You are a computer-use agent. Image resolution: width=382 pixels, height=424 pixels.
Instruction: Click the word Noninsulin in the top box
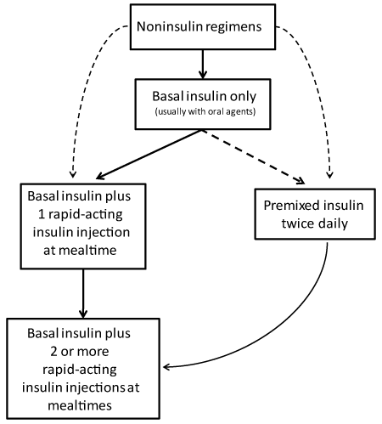pyautogui.click(x=170, y=26)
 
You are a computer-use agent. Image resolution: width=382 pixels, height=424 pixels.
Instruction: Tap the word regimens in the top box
pyautogui.click(x=233, y=27)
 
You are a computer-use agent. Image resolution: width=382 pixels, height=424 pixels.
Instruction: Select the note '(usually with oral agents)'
pyautogui.click(x=205, y=111)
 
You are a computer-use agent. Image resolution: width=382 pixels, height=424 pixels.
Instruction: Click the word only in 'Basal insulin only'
pyautogui.click(x=243, y=97)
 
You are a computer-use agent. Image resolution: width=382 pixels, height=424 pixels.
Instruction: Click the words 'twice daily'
pyautogui.click(x=315, y=223)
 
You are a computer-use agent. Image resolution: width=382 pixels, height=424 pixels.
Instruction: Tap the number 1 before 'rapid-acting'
pyautogui.click(x=42, y=214)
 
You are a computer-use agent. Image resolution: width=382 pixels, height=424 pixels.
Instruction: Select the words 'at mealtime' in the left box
pyautogui.click(x=80, y=251)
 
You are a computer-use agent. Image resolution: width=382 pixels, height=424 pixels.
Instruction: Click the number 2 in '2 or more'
pyautogui.click(x=53, y=352)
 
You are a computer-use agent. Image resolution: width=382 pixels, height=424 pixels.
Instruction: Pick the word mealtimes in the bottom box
pyautogui.click(x=80, y=405)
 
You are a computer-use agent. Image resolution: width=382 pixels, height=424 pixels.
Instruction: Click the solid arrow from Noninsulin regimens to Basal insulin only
pyautogui.click(x=203, y=65)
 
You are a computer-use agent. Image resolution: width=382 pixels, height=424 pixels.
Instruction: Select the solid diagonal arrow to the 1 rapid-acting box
pyautogui.click(x=149, y=155)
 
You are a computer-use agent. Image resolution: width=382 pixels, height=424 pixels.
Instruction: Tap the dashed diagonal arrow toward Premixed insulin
pyautogui.click(x=253, y=156)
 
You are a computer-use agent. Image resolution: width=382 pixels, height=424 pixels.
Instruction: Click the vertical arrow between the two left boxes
pyautogui.click(x=83, y=294)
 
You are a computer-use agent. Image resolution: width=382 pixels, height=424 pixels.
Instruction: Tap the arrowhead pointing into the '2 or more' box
pyautogui.click(x=166, y=367)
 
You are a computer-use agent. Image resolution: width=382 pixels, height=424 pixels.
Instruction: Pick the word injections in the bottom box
pyautogui.click(x=96, y=388)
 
